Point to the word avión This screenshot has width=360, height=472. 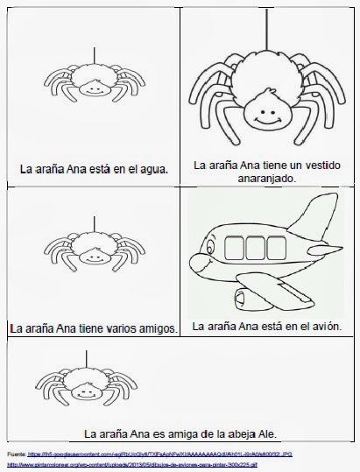[318, 327]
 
